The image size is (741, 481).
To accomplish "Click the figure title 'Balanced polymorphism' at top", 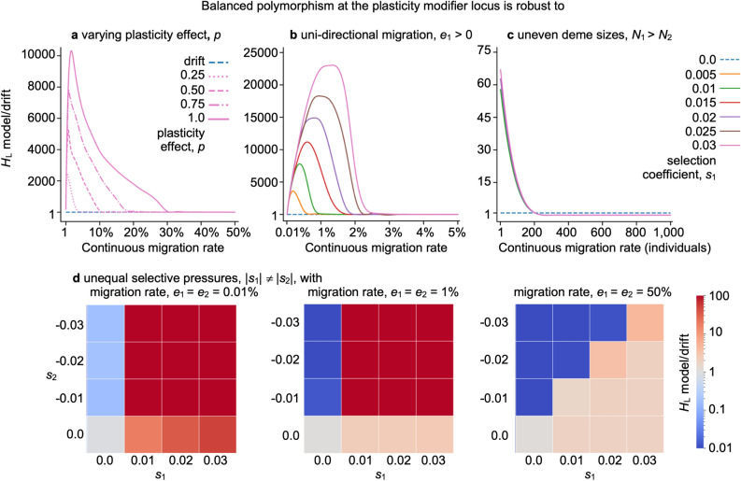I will coord(370,10).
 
